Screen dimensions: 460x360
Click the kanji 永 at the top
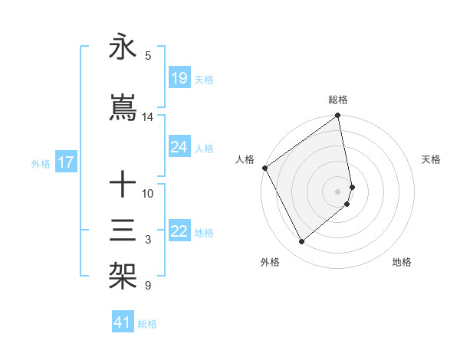[123, 47]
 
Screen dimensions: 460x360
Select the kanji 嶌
[123, 109]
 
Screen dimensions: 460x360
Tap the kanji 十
[123, 185]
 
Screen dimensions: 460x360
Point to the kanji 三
[123, 231]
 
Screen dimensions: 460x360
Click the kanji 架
[123, 276]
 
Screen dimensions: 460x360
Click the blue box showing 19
[179, 78]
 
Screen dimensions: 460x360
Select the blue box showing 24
[179, 147]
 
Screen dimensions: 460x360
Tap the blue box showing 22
[179, 231]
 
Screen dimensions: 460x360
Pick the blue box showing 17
[65, 162]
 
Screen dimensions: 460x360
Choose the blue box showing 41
[123, 323]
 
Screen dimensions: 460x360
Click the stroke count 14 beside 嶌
[148, 117]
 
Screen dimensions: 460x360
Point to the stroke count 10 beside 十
[148, 193]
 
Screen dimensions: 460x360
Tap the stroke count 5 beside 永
[148, 55]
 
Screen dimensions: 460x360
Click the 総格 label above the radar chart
[338, 100]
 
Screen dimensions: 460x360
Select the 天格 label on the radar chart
[432, 159]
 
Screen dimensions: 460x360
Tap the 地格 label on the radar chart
[402, 262]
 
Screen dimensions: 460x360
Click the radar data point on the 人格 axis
[264, 168]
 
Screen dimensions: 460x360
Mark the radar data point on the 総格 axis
[338, 116]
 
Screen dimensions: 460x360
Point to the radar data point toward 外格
[301, 241]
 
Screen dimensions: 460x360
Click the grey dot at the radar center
[338, 191]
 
